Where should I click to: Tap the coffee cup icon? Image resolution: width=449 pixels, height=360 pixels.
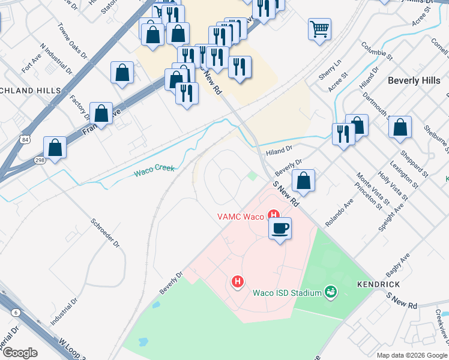280,229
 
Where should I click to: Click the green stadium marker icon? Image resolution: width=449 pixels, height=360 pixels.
330,293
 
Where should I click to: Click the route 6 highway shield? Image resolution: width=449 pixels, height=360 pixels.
15,312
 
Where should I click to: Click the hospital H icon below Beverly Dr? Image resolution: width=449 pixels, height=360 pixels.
238,281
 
